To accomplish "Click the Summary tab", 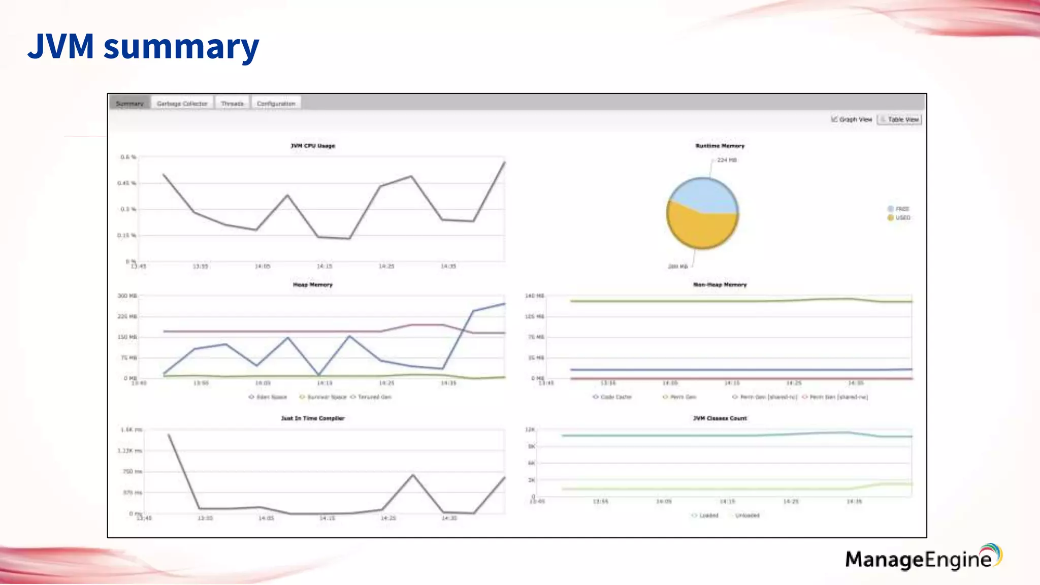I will [x=129, y=103].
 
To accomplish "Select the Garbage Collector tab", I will [x=182, y=103].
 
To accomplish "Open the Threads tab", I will [x=232, y=103].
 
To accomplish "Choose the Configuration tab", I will [x=276, y=103].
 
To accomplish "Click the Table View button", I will [x=899, y=119].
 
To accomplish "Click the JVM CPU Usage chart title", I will [x=313, y=146].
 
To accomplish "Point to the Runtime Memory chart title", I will [x=720, y=146].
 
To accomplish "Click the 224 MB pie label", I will [x=727, y=160].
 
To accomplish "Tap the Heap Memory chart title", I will [x=313, y=285].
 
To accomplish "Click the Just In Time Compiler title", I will [x=313, y=418].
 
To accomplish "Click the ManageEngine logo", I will [x=922, y=558].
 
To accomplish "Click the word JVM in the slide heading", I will [x=61, y=46].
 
